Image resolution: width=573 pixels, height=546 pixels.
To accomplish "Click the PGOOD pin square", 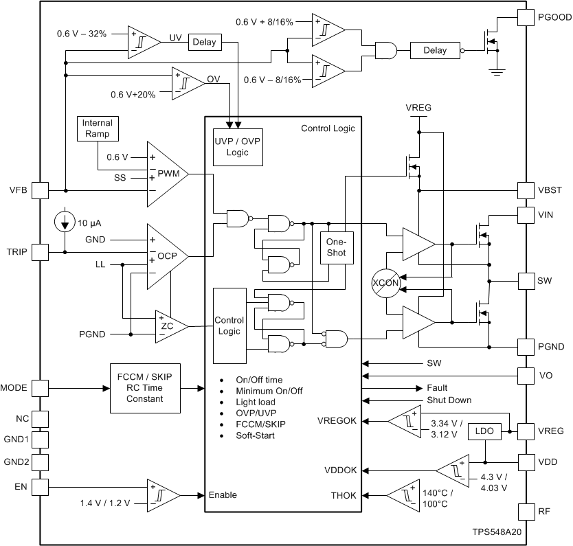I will click(525, 17).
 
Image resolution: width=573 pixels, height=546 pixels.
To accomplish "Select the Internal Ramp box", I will click(97, 128).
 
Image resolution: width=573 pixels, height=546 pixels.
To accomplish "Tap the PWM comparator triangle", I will click(167, 174).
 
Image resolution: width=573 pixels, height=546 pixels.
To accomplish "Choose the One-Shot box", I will click(335, 247).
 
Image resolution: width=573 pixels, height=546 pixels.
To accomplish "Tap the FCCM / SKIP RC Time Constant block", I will click(144, 388).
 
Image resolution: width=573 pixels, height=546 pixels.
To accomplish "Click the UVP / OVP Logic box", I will click(236, 146).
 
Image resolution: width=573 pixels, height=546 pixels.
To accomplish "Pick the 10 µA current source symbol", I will click(65, 221).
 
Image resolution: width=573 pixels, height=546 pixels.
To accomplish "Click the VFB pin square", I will click(41, 190).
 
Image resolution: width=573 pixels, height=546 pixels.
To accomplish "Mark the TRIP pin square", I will click(41, 252).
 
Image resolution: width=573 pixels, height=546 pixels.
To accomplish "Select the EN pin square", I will click(41, 487).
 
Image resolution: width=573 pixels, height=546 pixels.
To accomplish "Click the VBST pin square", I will click(525, 190).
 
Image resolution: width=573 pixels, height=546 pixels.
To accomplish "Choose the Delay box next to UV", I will click(204, 42).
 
